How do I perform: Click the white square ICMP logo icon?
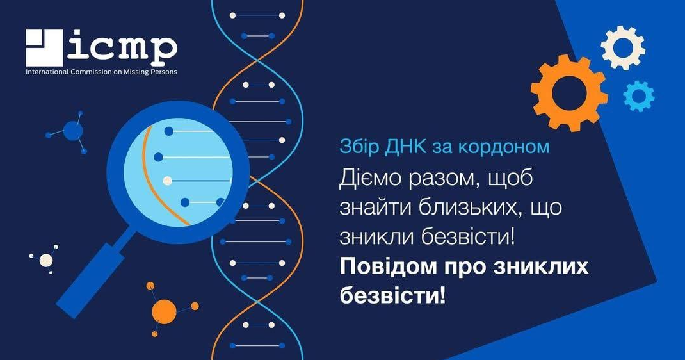(44, 47)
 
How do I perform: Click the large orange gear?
(569, 93)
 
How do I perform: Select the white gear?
(623, 47)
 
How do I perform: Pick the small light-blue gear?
(639, 96)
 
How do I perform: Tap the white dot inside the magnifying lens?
(167, 181)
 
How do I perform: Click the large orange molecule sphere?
(164, 311)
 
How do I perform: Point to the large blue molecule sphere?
(72, 131)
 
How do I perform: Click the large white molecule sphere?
(46, 261)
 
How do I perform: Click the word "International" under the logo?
(44, 72)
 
